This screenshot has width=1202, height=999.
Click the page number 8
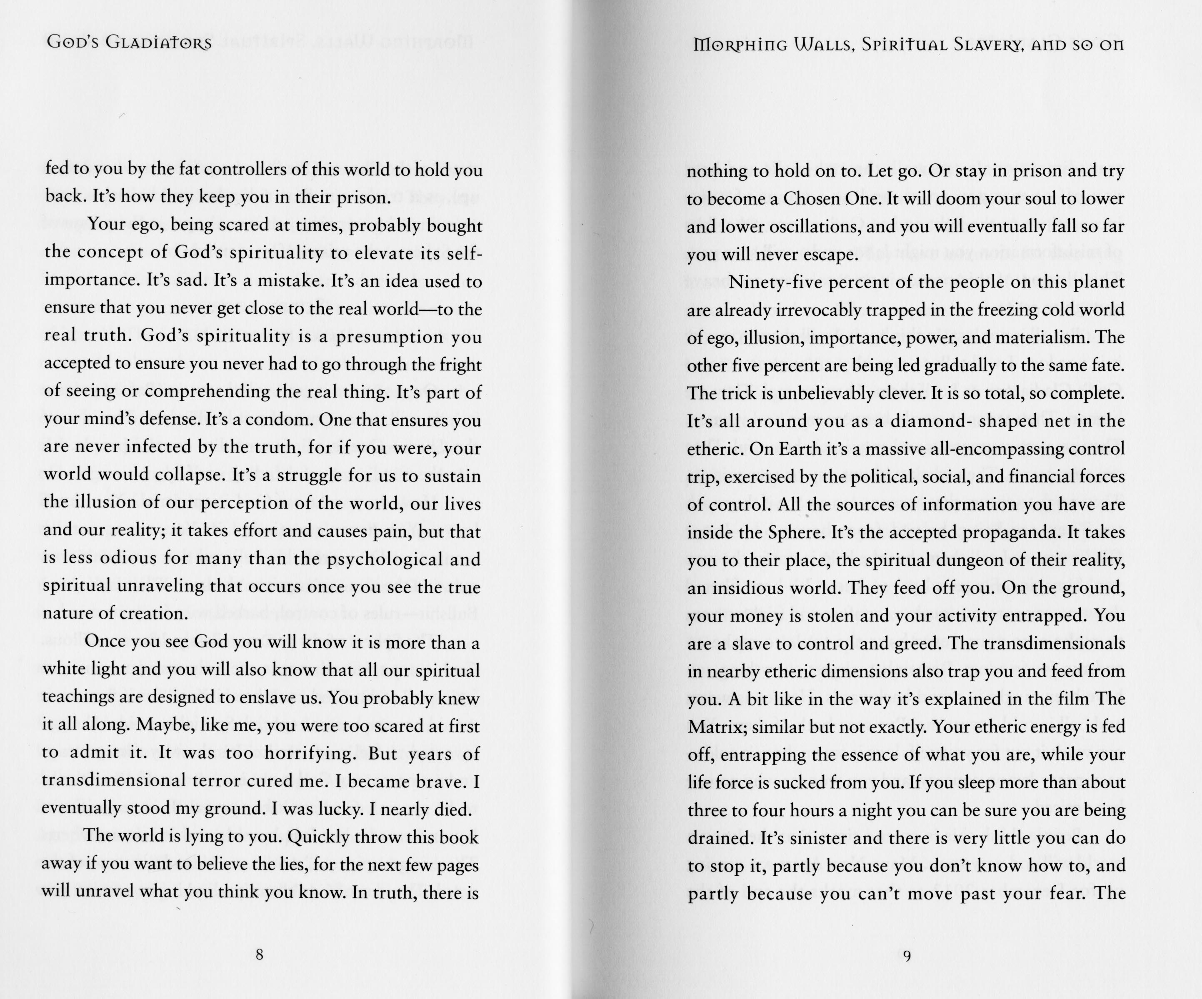(259, 954)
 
